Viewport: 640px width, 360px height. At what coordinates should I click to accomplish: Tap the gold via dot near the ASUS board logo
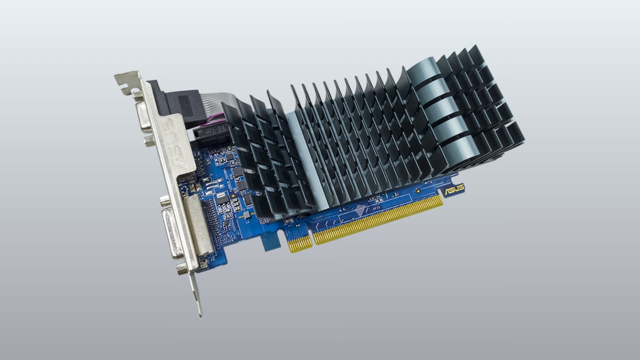(417, 191)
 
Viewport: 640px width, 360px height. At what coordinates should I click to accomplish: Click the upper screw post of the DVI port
(164, 201)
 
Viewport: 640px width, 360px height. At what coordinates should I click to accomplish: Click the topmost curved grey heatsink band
(422, 68)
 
